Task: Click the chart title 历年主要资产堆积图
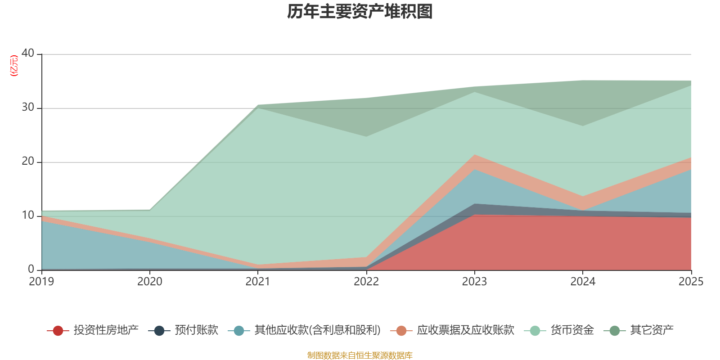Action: pos(360,12)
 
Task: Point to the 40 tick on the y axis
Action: pos(28,53)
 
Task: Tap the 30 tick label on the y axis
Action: pos(28,107)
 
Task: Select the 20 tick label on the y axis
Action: pos(28,161)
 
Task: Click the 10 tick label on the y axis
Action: pos(28,215)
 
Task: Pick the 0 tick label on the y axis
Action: pos(31,269)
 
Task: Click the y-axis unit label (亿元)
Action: pos(14,66)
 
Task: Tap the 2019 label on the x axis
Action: pos(41,282)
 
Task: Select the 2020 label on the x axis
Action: pos(150,282)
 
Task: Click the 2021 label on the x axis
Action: pos(258,282)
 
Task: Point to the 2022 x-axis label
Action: pos(366,282)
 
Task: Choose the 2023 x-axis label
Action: pos(474,282)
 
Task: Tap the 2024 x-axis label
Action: pos(583,282)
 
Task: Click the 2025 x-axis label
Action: pos(691,282)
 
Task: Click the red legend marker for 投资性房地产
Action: pos(58,331)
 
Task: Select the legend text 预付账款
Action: pos(196,330)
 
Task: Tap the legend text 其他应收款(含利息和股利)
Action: pos(317,330)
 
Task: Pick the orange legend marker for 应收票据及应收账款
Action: pos(401,331)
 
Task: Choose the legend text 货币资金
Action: pos(572,330)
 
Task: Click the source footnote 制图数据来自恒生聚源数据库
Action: pos(360,355)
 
